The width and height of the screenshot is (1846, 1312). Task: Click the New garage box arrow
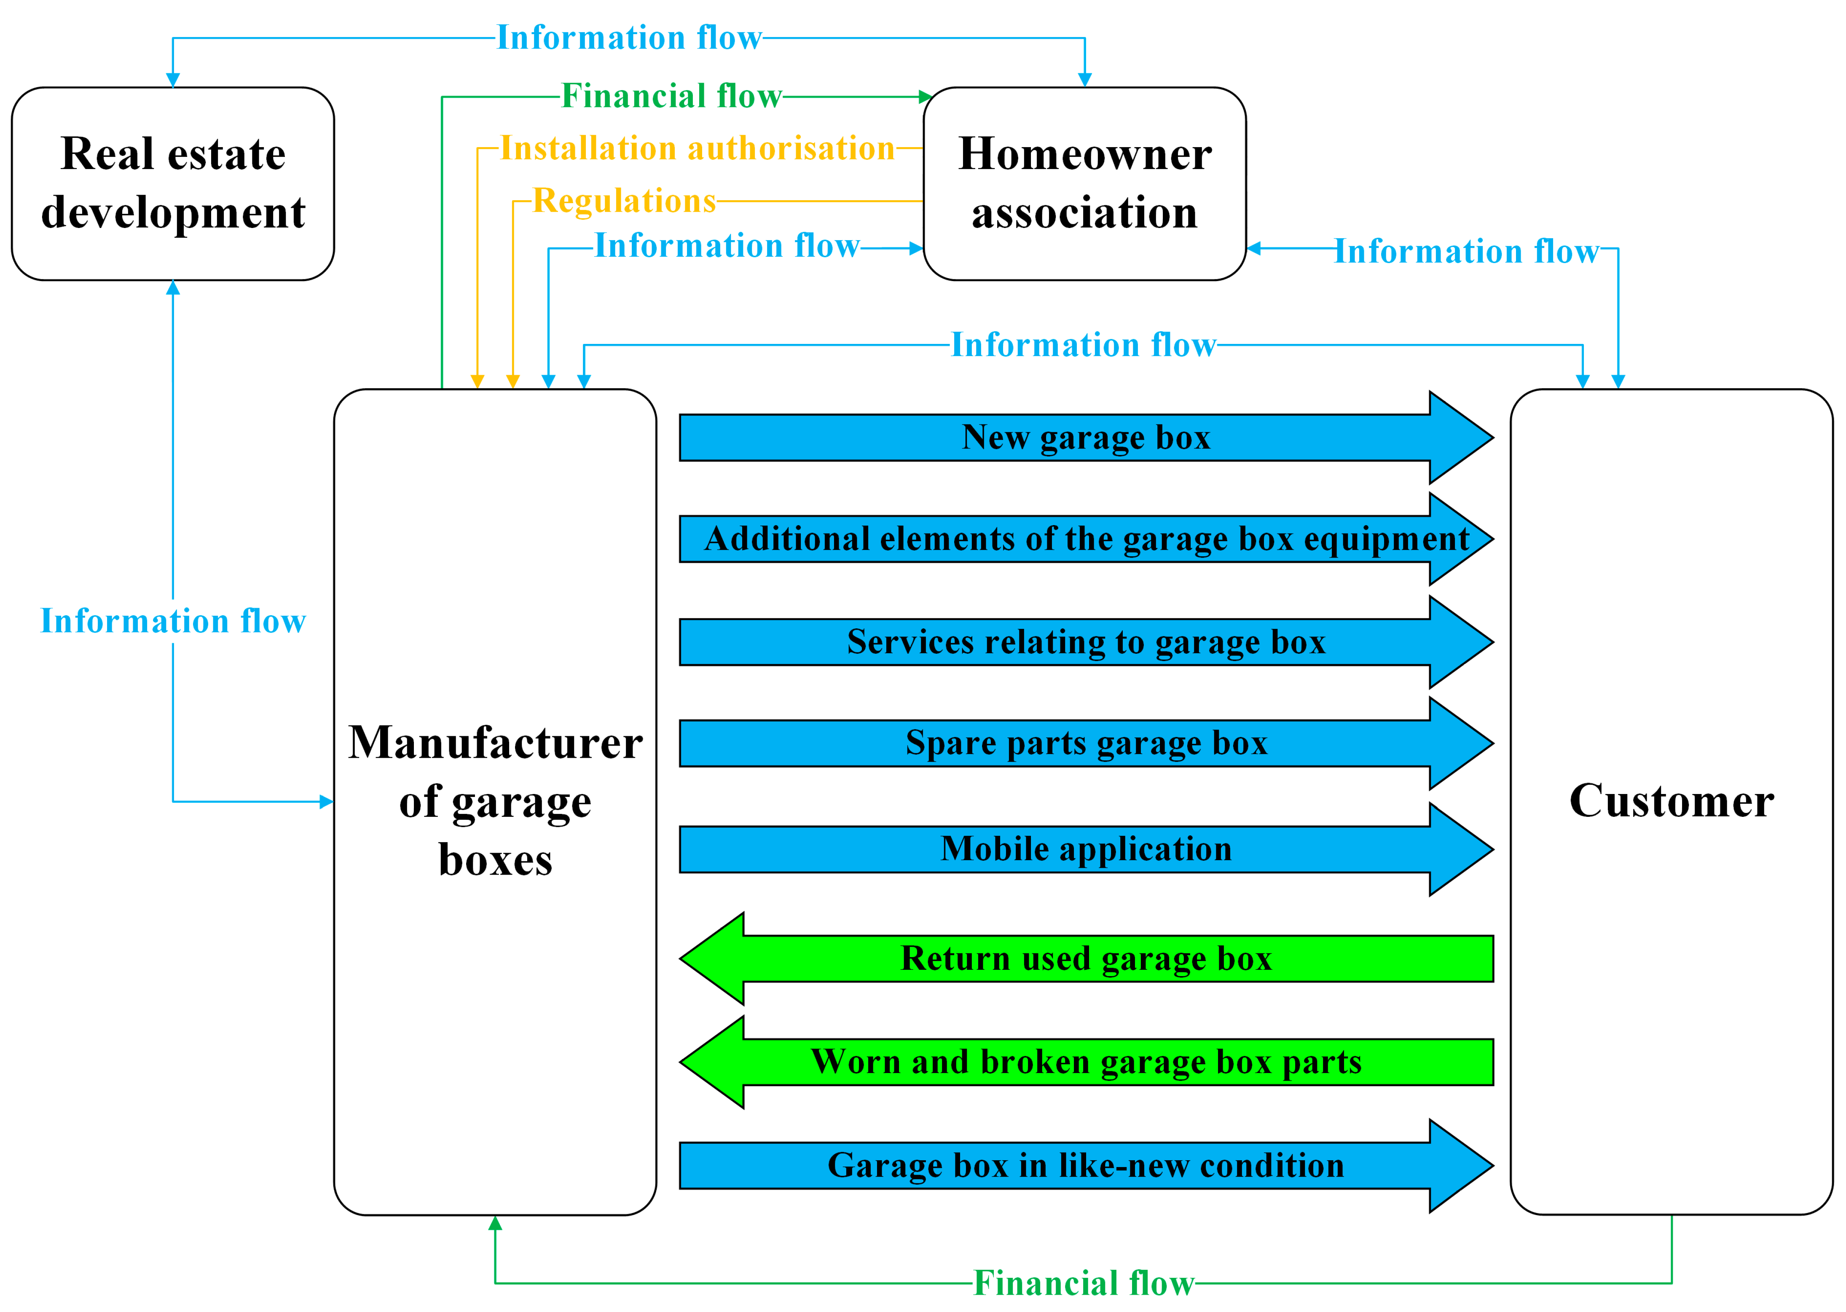click(x=1086, y=438)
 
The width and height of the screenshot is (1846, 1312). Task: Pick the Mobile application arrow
click(x=1086, y=849)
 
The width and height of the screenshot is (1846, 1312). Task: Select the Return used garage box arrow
click(x=1086, y=959)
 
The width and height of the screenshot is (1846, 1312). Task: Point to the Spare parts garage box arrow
click(x=1086, y=743)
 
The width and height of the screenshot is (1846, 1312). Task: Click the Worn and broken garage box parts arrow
click(x=1086, y=1062)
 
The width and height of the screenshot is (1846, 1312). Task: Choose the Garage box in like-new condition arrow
click(x=1086, y=1166)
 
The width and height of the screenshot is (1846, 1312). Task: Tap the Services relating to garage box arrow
click(x=1086, y=642)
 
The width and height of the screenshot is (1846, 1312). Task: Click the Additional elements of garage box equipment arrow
click(x=1086, y=539)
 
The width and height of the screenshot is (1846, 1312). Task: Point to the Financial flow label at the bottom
click(x=1083, y=1283)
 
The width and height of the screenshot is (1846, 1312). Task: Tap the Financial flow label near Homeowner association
click(x=671, y=96)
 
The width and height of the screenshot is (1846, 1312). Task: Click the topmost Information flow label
click(x=628, y=38)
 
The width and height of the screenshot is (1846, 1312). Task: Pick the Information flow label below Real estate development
click(x=173, y=621)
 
